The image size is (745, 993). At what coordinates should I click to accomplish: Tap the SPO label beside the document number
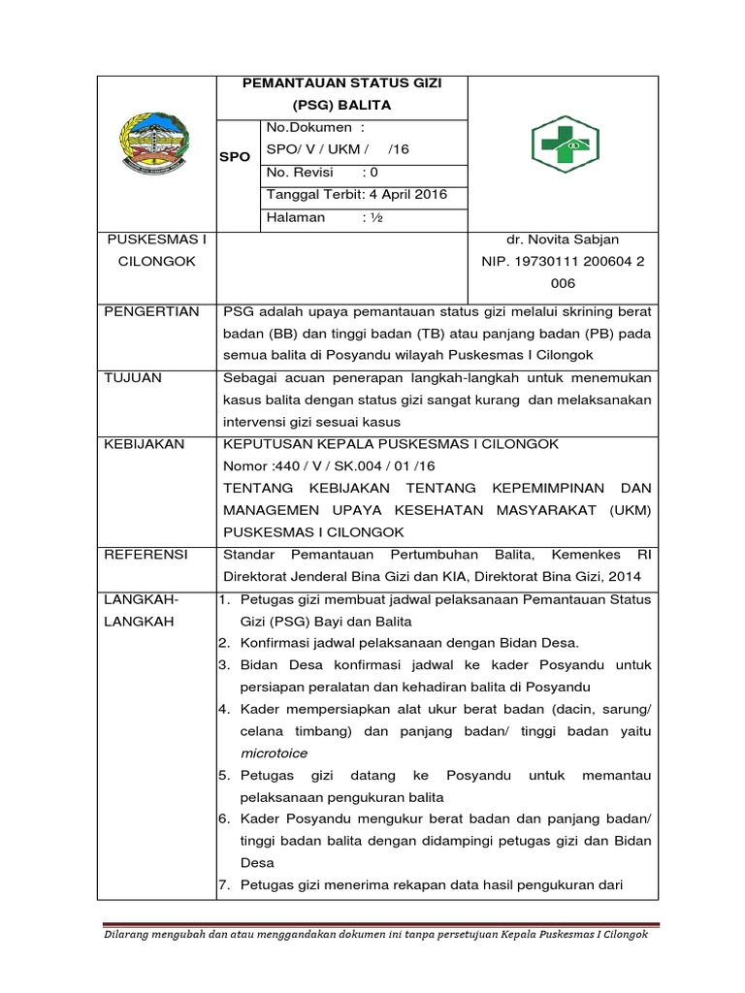point(236,156)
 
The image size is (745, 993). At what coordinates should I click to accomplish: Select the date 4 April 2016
point(402,194)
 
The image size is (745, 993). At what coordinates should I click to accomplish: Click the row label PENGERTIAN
point(150,311)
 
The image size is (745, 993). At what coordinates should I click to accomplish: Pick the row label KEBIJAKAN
point(146,444)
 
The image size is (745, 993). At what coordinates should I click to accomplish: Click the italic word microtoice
point(274,752)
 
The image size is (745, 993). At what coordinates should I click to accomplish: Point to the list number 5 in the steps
point(222,775)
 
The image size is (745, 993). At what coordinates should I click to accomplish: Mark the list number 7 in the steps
point(222,885)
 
